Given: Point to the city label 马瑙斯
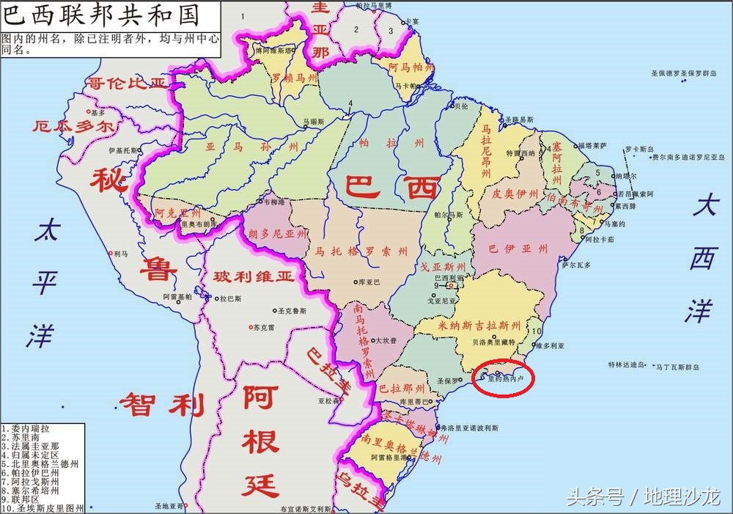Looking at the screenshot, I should coord(314,120).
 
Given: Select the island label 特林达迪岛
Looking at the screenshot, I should coord(625,364).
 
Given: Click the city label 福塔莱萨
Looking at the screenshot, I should coord(592,145).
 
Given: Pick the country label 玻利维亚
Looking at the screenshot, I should coord(254,277).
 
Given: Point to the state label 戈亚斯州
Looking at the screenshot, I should coord(443,267).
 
